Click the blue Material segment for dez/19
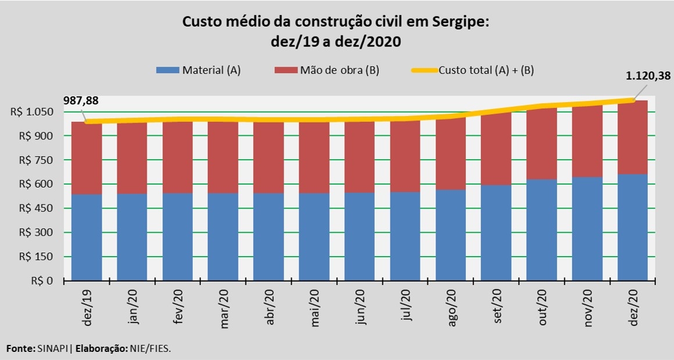(x=87, y=237)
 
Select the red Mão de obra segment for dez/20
(x=633, y=137)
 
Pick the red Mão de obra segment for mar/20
(x=223, y=157)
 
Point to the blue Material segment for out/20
(x=542, y=229)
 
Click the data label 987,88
(x=81, y=100)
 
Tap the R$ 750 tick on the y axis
(x=37, y=160)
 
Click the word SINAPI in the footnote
(x=52, y=349)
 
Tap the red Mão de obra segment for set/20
(x=496, y=149)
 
